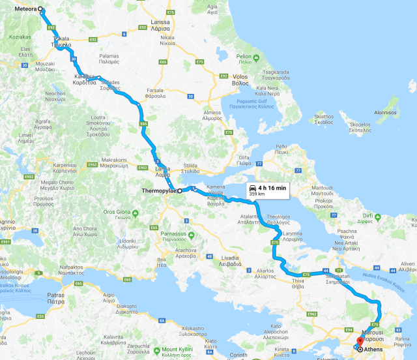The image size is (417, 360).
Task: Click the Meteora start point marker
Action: point(41,10)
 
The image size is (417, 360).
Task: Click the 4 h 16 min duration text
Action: point(272,188)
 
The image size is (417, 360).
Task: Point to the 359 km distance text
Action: point(257,194)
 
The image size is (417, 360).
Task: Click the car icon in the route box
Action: point(252,188)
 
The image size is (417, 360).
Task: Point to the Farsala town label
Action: point(155,93)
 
